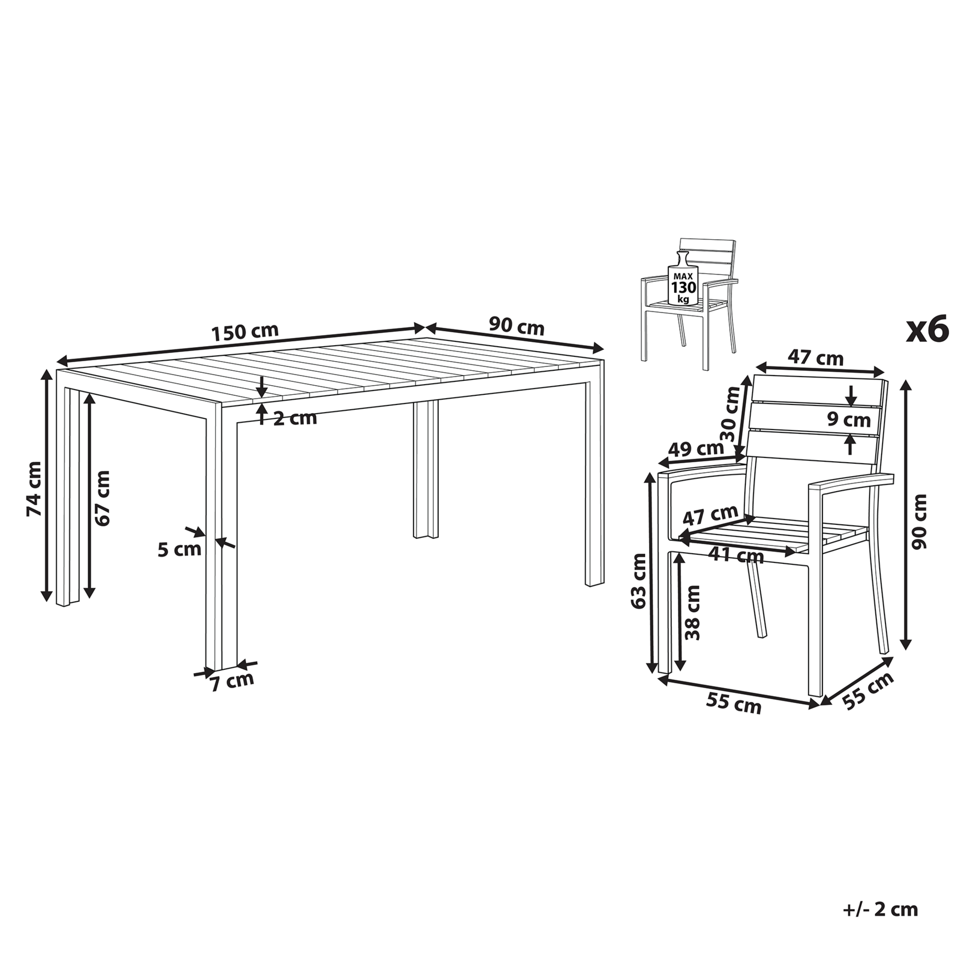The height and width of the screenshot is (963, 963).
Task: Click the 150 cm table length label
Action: pos(245,332)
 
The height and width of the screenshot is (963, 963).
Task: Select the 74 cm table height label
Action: pos(34,488)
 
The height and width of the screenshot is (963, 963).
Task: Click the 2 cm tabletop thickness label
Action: pos(295,418)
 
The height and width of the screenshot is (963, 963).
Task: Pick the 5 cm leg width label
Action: pos(179,549)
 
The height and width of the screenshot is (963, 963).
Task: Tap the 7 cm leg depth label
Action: pos(232,682)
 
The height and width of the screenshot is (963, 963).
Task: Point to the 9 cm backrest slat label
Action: pos(849,420)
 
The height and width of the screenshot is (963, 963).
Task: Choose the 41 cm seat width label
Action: pos(736,555)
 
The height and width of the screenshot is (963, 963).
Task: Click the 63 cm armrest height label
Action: pos(639,580)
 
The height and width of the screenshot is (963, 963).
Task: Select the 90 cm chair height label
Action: pos(920,522)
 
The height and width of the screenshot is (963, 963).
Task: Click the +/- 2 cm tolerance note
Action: pos(881,909)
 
